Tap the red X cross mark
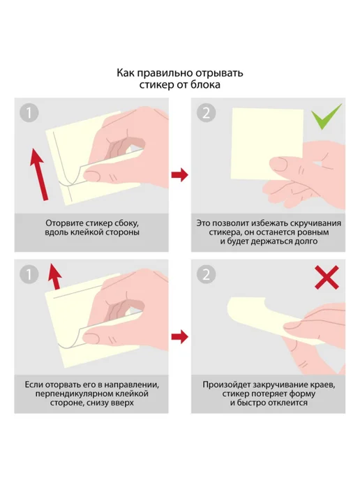327,278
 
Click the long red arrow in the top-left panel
40,174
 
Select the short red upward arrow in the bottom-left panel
55,276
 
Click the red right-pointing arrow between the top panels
180,175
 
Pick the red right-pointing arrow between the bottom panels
180,337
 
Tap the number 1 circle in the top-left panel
29,112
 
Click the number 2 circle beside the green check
206,112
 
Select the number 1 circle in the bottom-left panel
29,274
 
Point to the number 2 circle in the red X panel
206,274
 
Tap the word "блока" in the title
205,84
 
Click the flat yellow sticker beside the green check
267,144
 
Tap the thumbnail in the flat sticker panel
278,165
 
